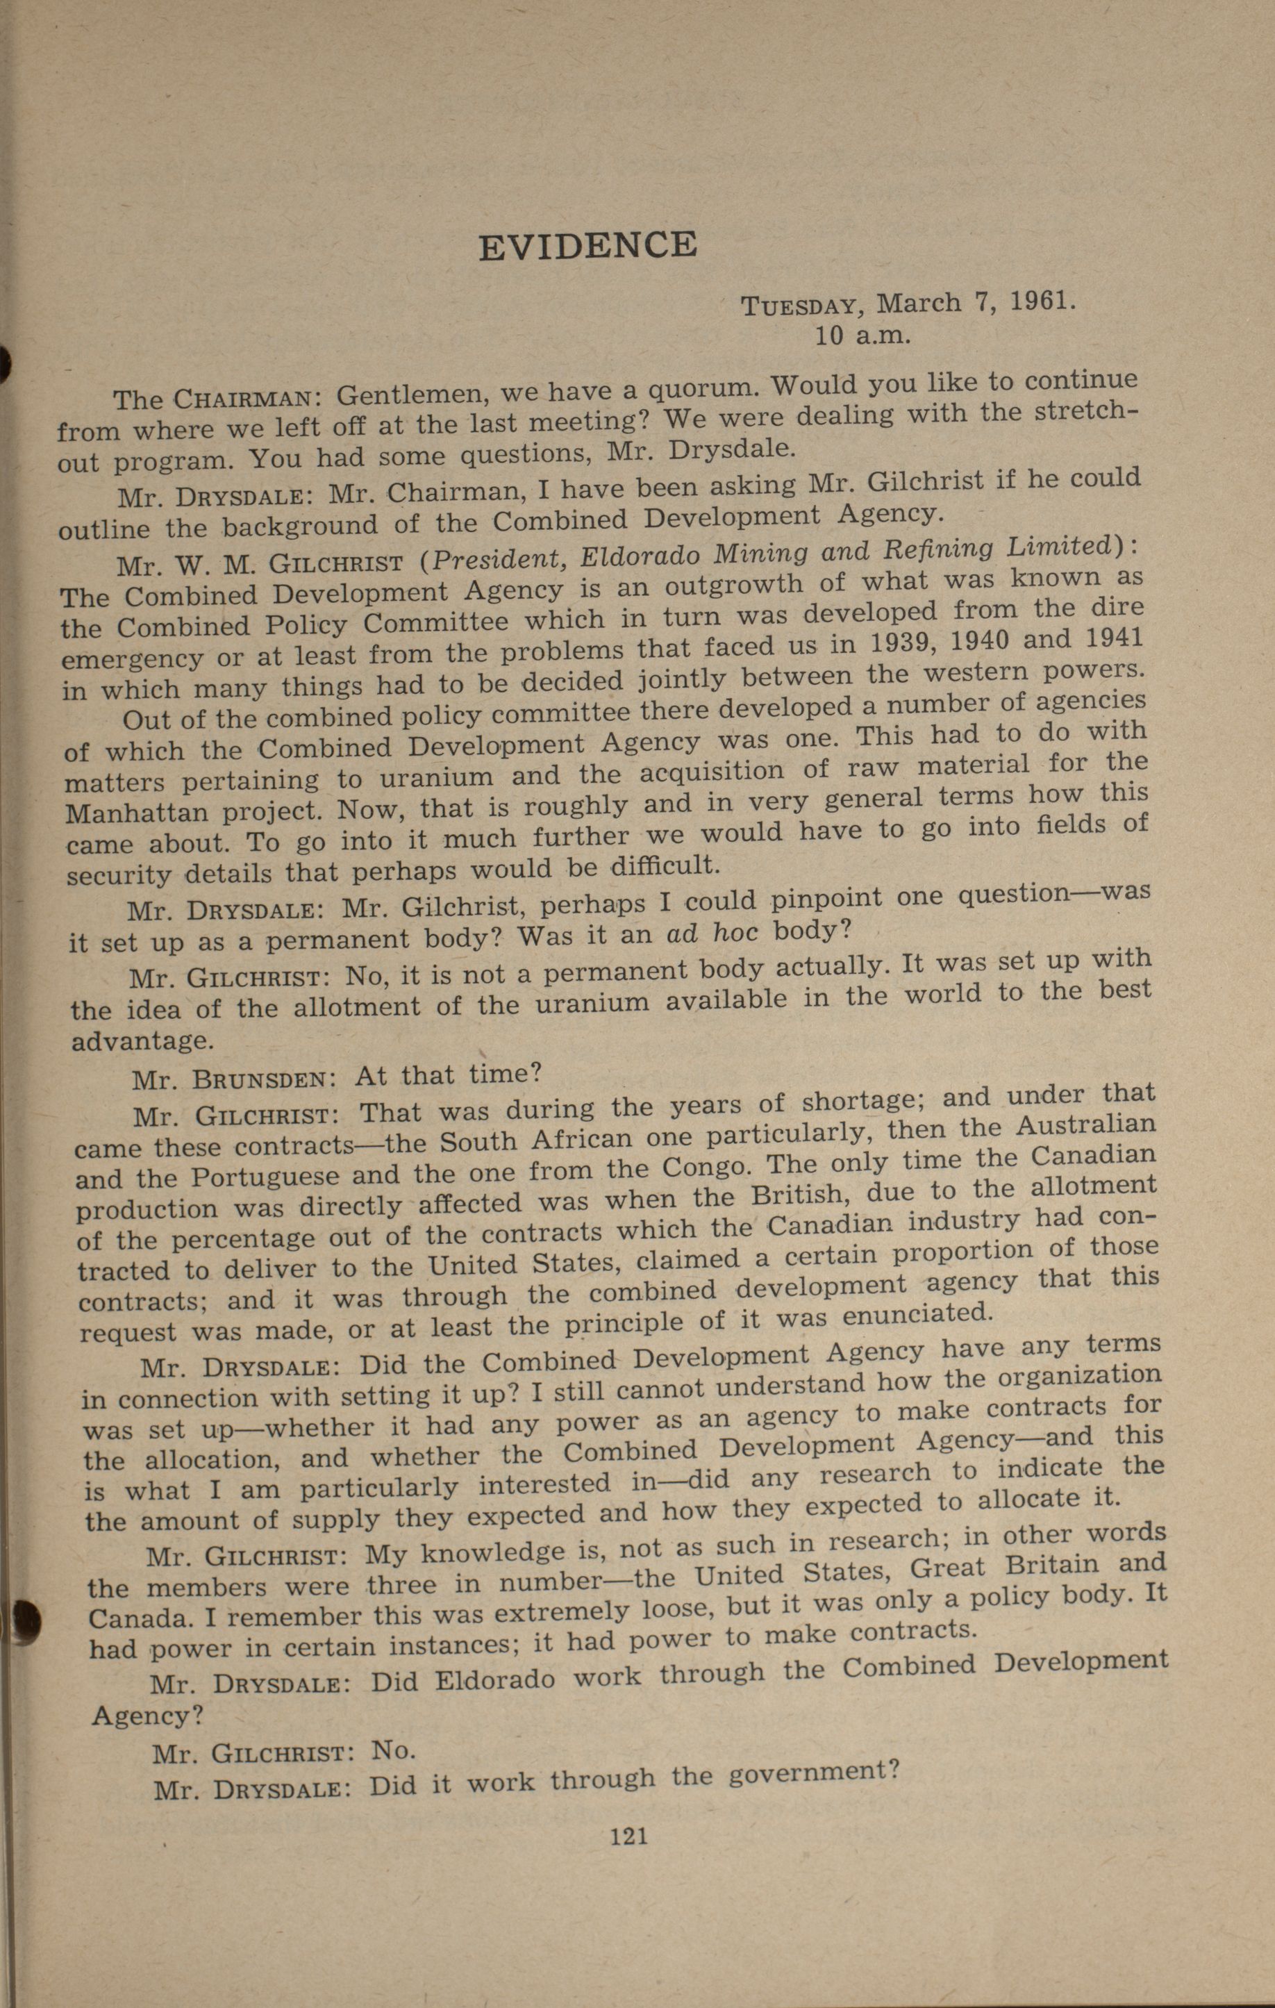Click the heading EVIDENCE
coord(588,244)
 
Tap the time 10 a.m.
coord(862,336)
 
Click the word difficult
coord(664,865)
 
